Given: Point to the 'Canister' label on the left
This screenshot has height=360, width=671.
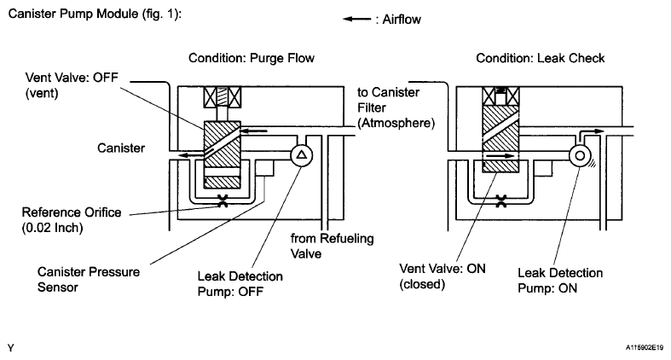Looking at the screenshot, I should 119,148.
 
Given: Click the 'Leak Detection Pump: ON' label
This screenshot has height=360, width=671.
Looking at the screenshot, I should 559,278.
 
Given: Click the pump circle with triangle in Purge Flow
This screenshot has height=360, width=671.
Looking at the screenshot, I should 301,155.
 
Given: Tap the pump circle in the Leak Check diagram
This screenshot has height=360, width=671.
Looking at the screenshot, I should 581,155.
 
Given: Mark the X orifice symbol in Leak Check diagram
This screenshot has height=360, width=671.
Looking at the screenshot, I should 502,202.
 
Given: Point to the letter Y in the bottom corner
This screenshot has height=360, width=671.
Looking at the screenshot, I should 10,347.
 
